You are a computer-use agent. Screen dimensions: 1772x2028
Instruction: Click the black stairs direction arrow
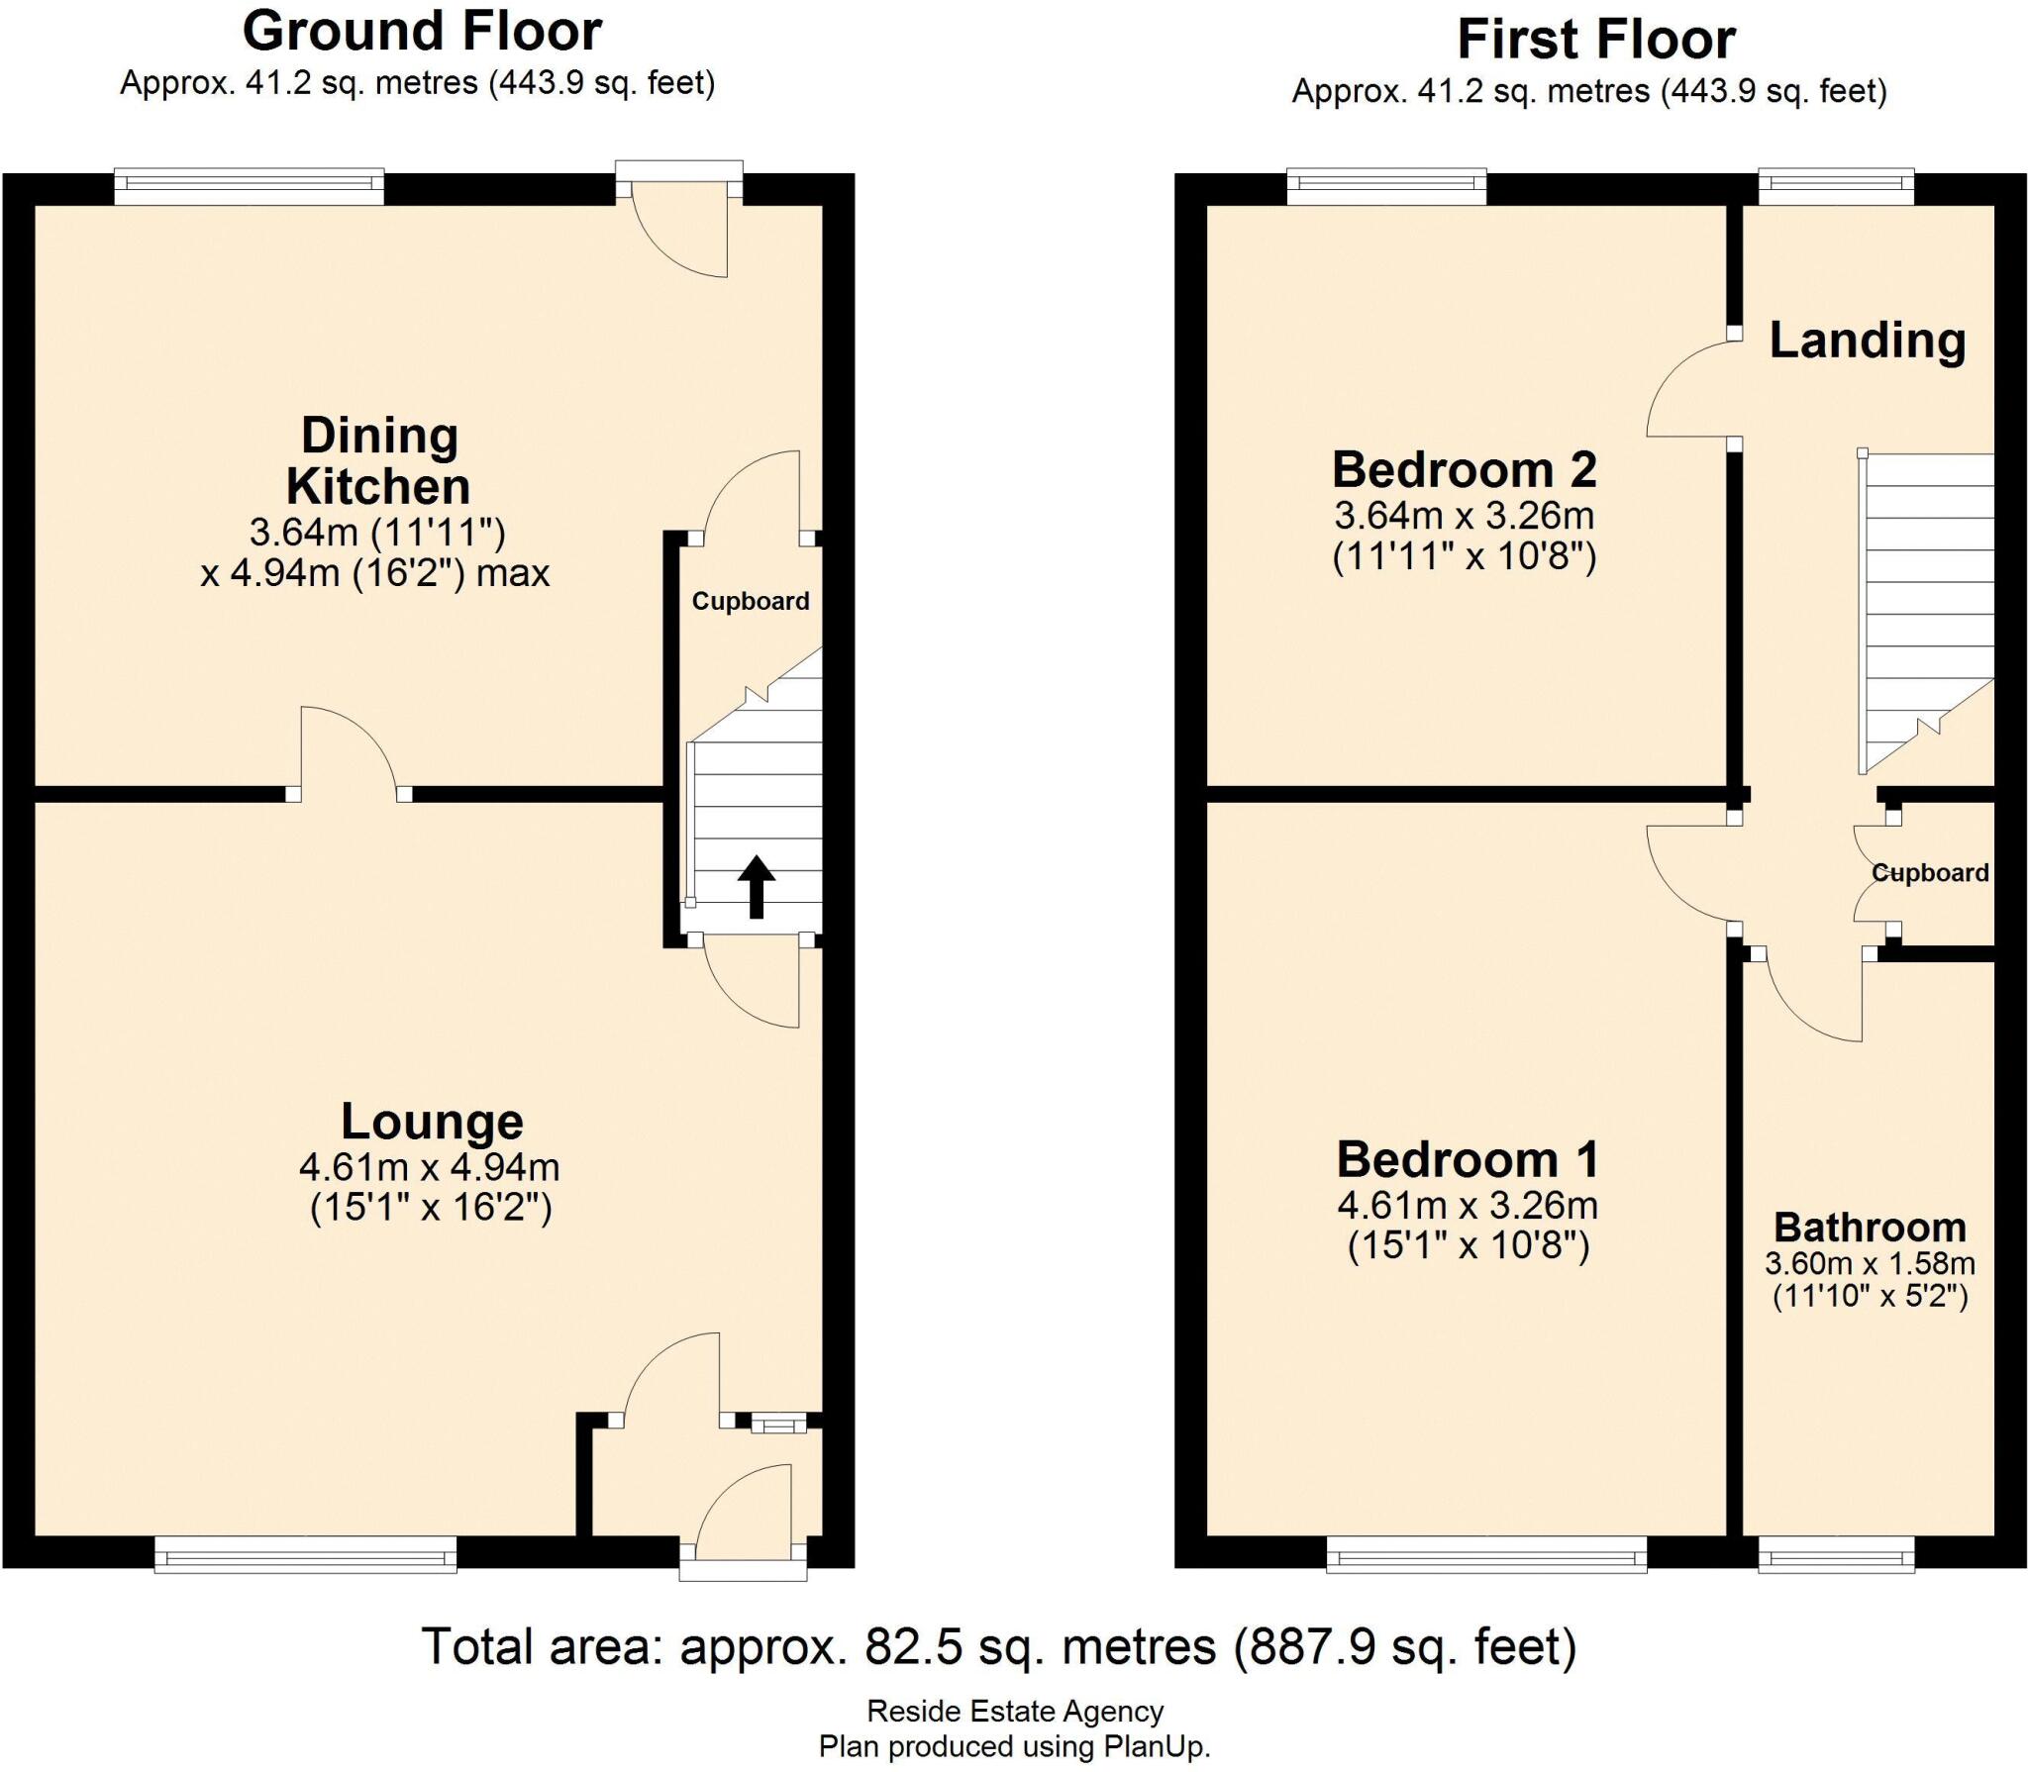757,886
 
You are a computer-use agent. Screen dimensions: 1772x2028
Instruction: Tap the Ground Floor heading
422,32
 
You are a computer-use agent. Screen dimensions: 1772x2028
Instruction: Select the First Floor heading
1595,41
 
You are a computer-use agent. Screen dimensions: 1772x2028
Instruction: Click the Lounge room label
432,1121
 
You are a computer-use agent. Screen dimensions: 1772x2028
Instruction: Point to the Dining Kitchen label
378,460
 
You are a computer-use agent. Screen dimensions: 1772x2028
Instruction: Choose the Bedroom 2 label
1464,469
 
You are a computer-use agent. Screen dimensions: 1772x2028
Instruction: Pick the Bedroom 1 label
1468,1159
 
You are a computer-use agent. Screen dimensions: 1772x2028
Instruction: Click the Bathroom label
1870,1228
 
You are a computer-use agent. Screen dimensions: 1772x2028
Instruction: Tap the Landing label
1867,340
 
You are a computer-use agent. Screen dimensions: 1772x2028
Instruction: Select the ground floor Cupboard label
750,601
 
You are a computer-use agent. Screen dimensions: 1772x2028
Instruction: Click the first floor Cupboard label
1929,872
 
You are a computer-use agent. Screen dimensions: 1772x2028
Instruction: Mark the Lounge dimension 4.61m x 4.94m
430,1167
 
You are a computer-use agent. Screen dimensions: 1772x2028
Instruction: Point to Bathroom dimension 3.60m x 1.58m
1870,1264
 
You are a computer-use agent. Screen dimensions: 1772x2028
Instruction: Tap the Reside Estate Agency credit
1014,1711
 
